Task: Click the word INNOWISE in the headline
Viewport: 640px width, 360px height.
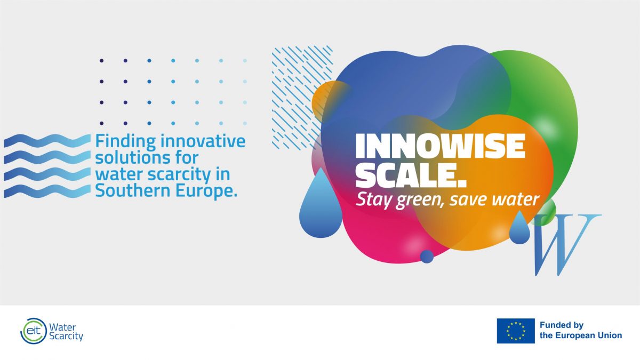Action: (x=441, y=146)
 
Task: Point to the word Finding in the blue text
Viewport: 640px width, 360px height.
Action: (x=126, y=141)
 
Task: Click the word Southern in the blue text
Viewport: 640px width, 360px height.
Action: (x=133, y=190)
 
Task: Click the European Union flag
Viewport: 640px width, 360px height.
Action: (x=516, y=331)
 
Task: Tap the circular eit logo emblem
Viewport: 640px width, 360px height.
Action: (x=34, y=331)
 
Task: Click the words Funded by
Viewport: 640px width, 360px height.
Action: (x=562, y=325)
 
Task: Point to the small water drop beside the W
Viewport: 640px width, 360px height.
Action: (x=519, y=228)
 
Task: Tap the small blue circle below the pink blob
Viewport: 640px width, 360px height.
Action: (x=427, y=257)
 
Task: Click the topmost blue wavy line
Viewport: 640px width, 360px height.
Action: (x=47, y=141)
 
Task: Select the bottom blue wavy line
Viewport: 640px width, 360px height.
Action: (x=47, y=191)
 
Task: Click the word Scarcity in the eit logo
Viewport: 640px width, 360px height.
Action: (x=66, y=337)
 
